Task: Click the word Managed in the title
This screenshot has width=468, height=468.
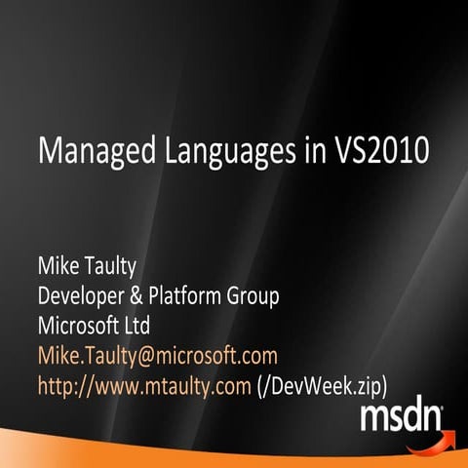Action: pyautogui.click(x=93, y=154)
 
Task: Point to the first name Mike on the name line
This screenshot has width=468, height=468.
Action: pyautogui.click(x=59, y=264)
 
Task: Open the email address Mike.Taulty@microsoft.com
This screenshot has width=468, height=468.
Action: pyautogui.click(x=157, y=355)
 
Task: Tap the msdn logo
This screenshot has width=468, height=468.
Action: pyautogui.click(x=401, y=416)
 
